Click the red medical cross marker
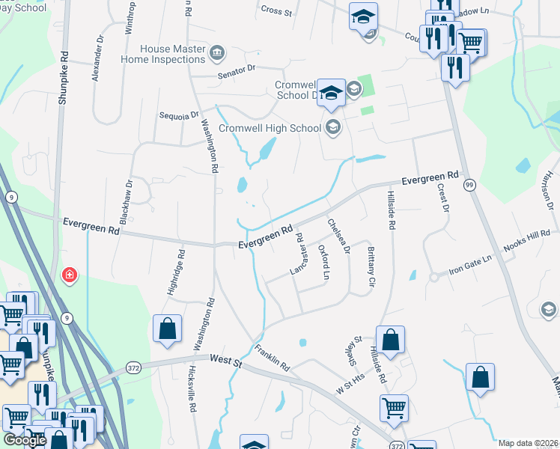point(70,276)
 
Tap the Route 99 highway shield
point(469,184)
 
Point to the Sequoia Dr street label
point(179,116)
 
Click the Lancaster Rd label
point(303,254)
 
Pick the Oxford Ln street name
point(323,262)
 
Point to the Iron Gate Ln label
point(470,263)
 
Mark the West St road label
point(226,361)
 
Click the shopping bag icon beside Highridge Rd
point(167,329)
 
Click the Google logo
point(25,440)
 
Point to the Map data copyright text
point(528,443)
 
